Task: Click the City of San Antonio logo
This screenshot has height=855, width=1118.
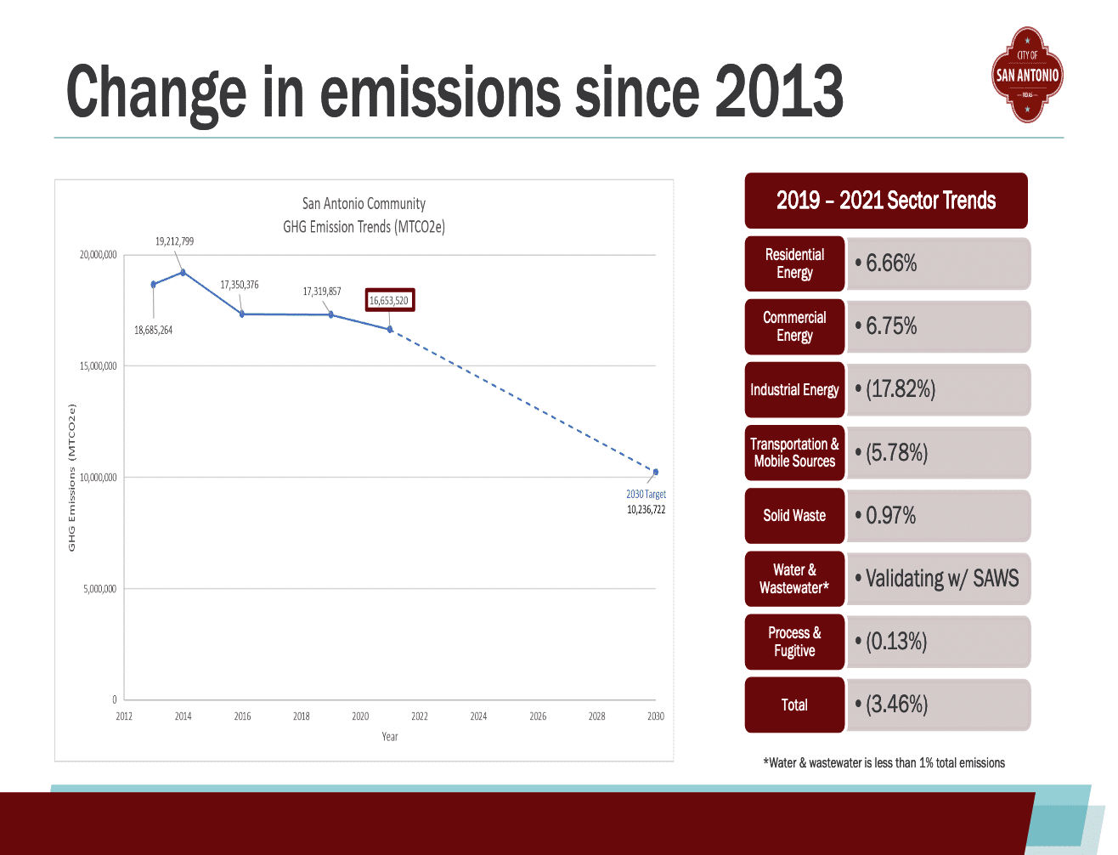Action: pyautogui.click(x=1027, y=75)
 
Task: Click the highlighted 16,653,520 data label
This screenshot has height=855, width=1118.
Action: pyautogui.click(x=389, y=300)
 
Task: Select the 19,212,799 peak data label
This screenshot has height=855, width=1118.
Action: pyautogui.click(x=174, y=241)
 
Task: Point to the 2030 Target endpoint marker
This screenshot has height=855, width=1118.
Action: pyautogui.click(x=655, y=472)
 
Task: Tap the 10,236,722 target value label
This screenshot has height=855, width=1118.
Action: pyautogui.click(x=646, y=510)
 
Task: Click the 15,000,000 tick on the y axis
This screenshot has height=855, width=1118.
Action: pyautogui.click(x=99, y=366)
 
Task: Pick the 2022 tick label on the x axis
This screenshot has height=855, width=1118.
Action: pyautogui.click(x=420, y=716)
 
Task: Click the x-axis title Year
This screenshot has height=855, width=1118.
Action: pyautogui.click(x=390, y=737)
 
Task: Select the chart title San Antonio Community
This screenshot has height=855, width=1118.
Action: pyautogui.click(x=364, y=204)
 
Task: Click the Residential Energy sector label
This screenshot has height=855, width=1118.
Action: pyautogui.click(x=794, y=263)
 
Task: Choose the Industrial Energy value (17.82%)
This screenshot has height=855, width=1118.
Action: pyautogui.click(x=901, y=389)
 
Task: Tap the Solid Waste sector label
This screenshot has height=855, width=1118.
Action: pyautogui.click(x=794, y=516)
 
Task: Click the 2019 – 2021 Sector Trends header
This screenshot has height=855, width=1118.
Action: pyautogui.click(x=886, y=201)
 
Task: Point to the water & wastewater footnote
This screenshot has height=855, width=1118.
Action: pyautogui.click(x=884, y=763)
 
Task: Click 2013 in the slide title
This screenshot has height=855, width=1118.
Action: pyautogui.click(x=778, y=92)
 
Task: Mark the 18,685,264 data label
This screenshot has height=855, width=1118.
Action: pyautogui.click(x=153, y=330)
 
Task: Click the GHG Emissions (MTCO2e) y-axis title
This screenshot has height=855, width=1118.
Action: pyautogui.click(x=72, y=478)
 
